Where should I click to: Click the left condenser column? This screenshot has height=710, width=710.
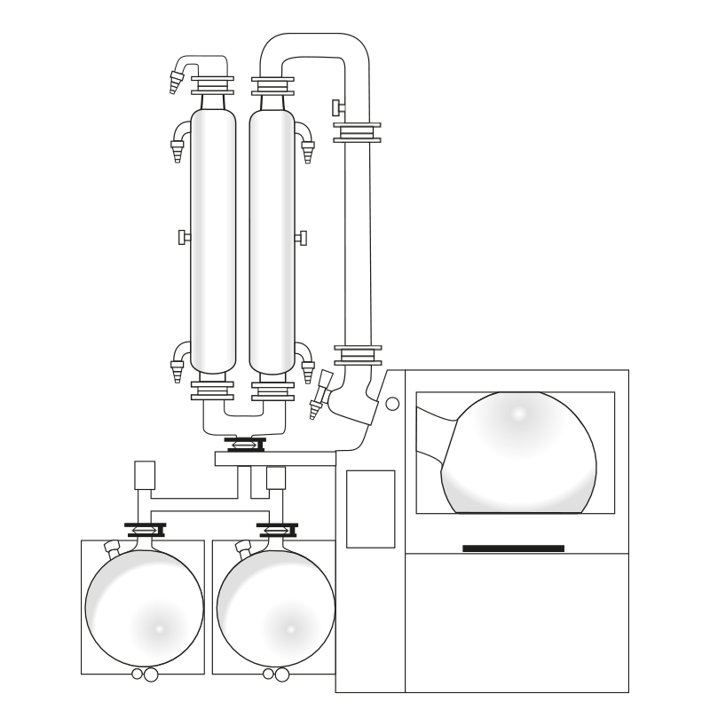coord(213,240)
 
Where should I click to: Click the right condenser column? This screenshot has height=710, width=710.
coord(272,240)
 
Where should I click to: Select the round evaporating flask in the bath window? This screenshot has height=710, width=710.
coord(519,453)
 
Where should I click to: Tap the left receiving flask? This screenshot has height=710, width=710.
coord(144,608)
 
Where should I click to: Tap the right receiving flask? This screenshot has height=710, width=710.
coord(275,608)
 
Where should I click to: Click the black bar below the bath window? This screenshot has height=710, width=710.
coord(513,548)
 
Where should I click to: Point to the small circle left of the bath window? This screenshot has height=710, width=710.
coord(392,404)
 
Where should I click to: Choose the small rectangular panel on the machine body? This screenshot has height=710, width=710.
coord(370,509)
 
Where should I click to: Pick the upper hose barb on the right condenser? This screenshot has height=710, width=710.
coord(306,142)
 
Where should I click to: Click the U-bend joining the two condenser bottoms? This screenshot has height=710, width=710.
coord(243,422)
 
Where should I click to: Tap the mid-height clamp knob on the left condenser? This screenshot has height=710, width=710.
coord(185,237)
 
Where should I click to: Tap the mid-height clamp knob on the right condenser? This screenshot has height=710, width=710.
coord(301,238)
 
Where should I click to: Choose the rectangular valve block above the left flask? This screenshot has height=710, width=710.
coord(145,475)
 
